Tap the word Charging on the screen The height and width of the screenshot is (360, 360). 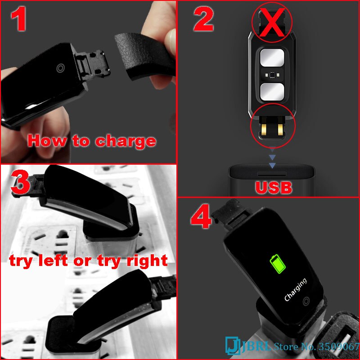tap(296, 289)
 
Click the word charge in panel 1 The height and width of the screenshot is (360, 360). tap(126, 141)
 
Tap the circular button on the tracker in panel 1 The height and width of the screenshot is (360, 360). tap(60, 67)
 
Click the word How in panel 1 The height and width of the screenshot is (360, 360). tap(45, 141)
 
